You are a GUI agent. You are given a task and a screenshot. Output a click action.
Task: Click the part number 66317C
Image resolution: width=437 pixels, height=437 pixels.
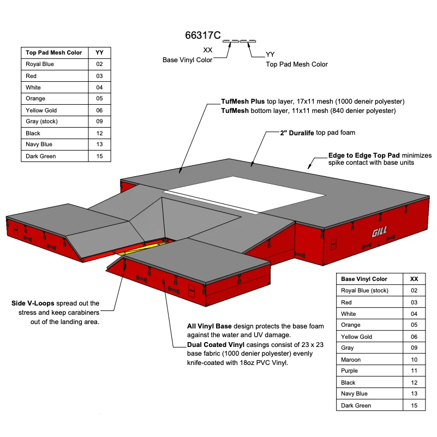(x=203, y=36)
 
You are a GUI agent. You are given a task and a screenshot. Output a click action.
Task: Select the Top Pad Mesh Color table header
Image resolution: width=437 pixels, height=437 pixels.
(x=54, y=52)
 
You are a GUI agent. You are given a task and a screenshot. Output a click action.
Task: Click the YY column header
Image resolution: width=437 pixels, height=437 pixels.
(x=99, y=52)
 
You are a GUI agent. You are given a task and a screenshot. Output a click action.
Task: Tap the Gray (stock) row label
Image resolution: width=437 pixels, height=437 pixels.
(x=41, y=122)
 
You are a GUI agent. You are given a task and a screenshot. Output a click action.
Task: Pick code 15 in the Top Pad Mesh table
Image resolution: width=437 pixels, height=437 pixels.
(x=99, y=156)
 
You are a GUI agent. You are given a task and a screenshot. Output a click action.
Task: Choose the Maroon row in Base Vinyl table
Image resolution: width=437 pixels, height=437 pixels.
(x=351, y=360)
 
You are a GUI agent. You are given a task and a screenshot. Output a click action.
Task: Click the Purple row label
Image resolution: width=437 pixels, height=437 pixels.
(x=349, y=371)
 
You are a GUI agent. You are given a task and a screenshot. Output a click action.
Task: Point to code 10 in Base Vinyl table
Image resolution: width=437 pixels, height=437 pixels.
(x=414, y=360)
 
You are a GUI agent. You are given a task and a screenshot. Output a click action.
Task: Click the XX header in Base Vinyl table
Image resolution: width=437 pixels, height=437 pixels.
(x=414, y=279)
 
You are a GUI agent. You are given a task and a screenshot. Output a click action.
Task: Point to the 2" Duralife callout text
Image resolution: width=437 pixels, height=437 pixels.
(x=296, y=133)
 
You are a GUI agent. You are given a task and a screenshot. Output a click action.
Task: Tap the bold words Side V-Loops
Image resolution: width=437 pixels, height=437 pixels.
(x=32, y=303)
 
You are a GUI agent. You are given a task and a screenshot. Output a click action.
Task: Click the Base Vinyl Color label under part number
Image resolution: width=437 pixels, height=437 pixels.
(x=187, y=60)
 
